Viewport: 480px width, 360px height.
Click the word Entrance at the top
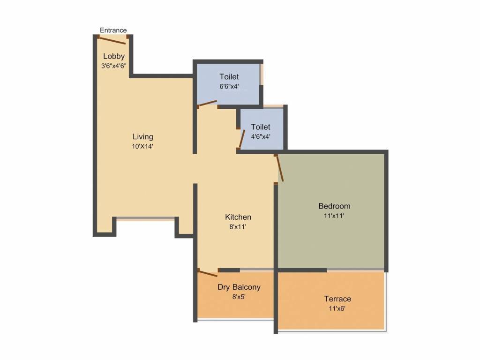click(x=113, y=30)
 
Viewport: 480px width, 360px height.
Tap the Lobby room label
click(x=114, y=57)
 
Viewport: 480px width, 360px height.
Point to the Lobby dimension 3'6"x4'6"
click(x=114, y=66)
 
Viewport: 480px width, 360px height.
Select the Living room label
click(x=143, y=137)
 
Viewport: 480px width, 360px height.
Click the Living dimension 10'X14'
click(x=143, y=146)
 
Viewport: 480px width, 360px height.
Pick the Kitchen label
click(x=238, y=217)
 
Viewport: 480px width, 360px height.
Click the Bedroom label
click(x=334, y=206)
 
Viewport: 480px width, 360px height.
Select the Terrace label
click(x=337, y=299)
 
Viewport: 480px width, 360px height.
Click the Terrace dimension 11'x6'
click(x=337, y=308)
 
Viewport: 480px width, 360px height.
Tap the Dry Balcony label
click(x=239, y=287)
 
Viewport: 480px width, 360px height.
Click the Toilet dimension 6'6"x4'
click(x=229, y=86)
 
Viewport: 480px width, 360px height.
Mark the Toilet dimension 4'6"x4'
click(x=261, y=137)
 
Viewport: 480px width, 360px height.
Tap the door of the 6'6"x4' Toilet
click(x=207, y=104)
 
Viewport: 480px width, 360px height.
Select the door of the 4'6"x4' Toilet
click(x=242, y=139)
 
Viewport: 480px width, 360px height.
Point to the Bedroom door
click(x=280, y=168)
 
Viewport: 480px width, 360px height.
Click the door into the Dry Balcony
click(x=208, y=273)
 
